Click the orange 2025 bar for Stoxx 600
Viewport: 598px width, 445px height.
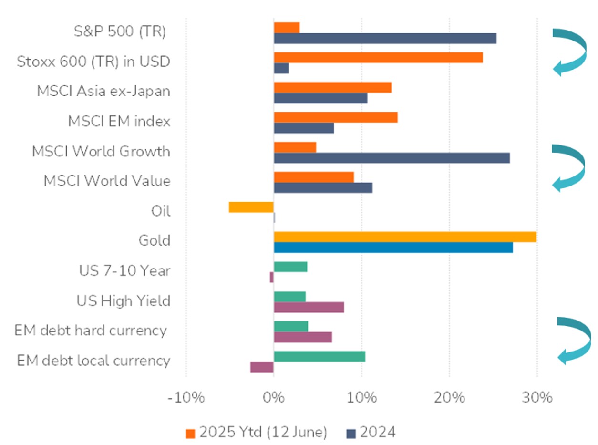378,58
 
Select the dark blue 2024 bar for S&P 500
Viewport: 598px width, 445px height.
385,39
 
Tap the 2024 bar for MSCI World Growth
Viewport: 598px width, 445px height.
392,158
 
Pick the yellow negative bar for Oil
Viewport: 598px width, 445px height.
251,207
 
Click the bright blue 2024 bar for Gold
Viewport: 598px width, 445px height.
393,248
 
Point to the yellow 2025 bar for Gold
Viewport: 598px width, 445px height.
405,237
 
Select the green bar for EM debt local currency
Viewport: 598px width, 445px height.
320,356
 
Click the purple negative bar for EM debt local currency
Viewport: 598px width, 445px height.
262,367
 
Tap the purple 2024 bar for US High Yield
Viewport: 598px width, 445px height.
309,307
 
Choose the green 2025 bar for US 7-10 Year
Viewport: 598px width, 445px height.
290,267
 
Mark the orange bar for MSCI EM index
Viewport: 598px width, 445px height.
336,117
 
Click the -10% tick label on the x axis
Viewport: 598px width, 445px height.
186,398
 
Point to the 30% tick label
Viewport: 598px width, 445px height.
536,398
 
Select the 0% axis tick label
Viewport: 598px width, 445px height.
274,398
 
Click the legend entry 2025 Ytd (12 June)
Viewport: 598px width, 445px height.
257,433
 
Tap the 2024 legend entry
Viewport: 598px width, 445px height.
371,433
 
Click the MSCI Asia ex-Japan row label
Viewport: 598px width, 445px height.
103,92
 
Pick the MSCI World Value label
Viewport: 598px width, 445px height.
107,181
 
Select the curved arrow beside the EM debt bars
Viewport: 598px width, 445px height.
573,340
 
